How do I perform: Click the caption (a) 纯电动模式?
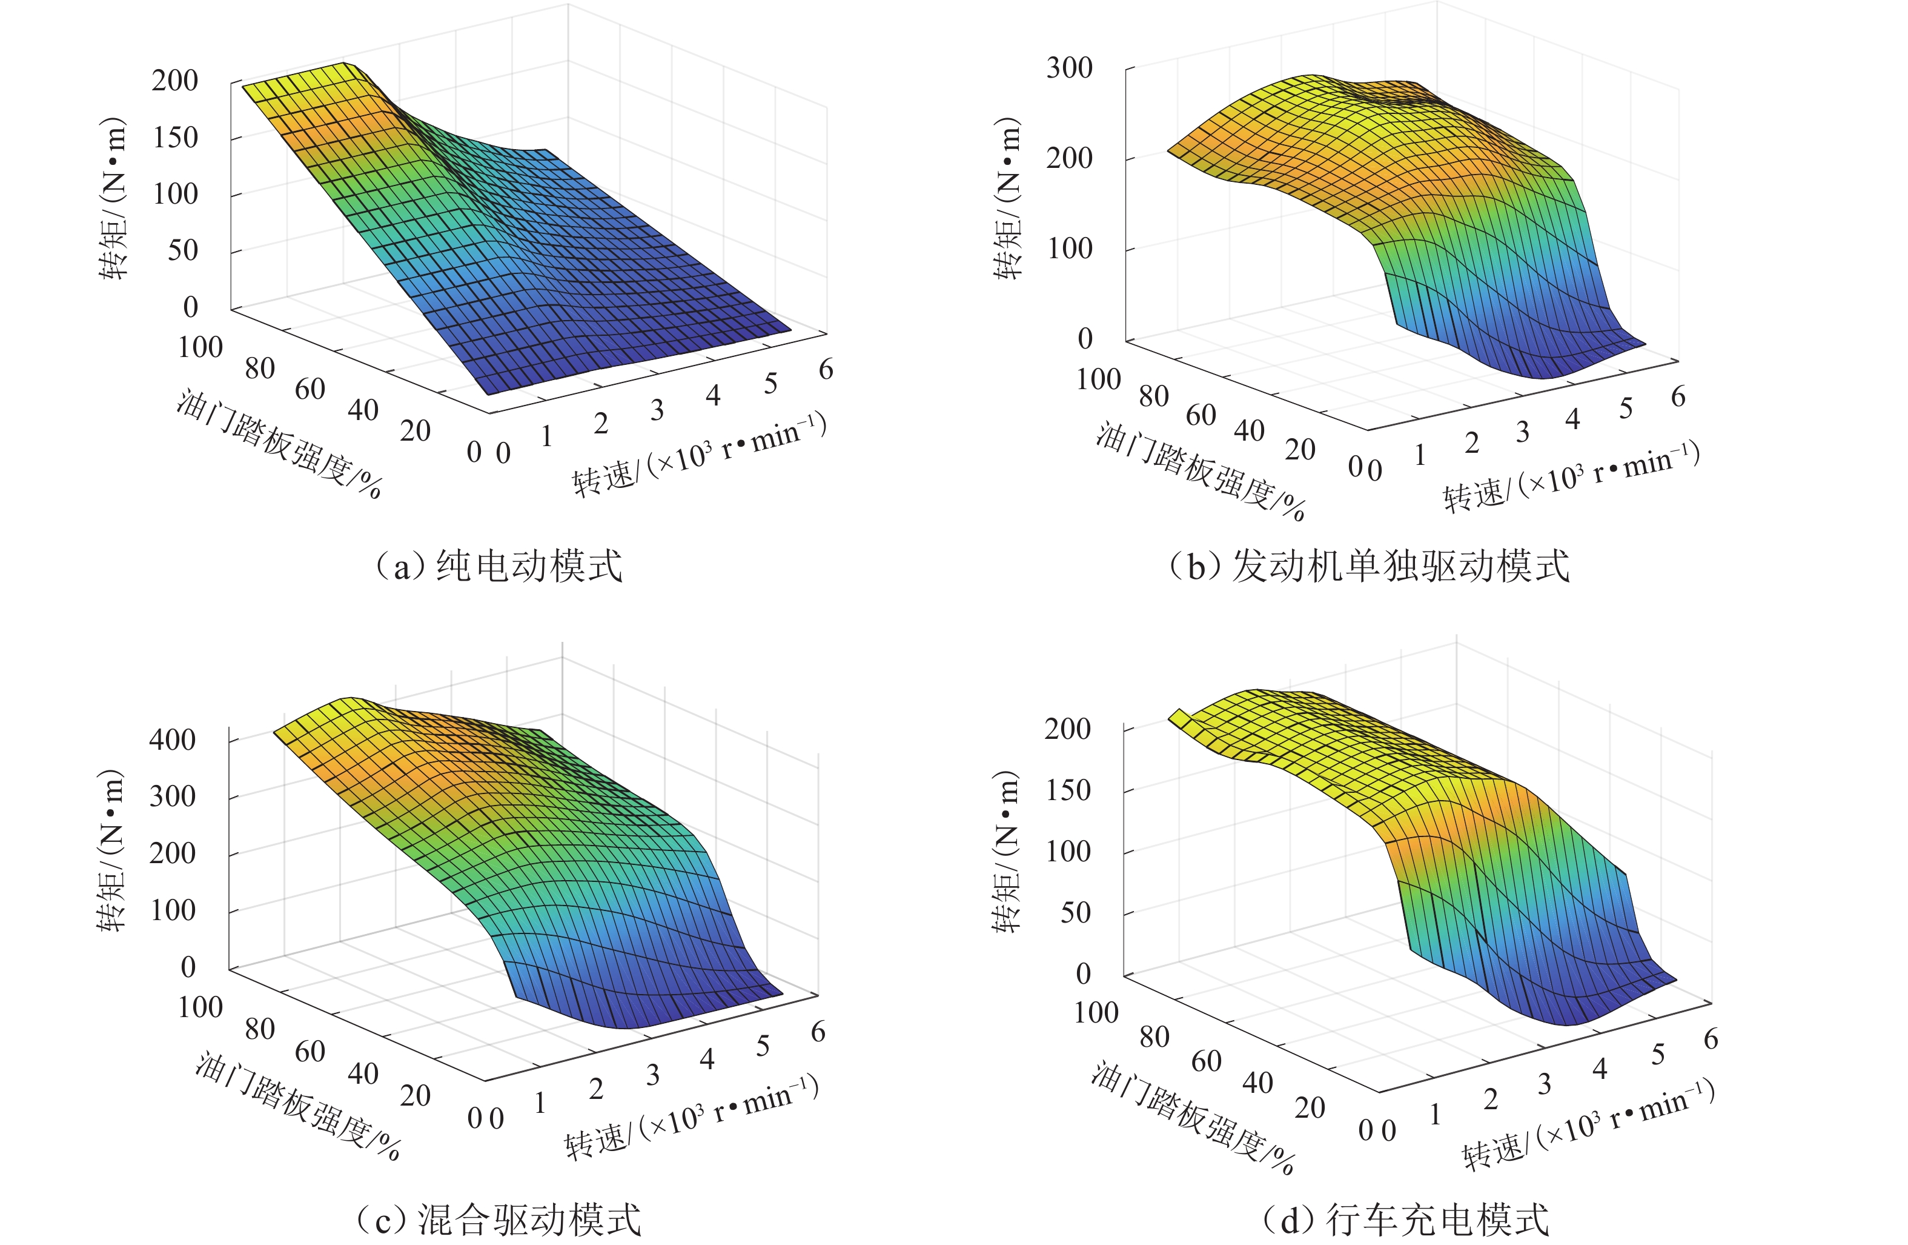(499, 566)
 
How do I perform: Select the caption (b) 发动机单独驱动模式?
(1368, 566)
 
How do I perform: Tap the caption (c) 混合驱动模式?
(499, 1220)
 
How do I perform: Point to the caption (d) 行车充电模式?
(1405, 1220)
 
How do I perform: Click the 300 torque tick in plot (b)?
(1068, 68)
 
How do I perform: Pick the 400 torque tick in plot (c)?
(173, 739)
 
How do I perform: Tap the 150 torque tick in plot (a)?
(175, 137)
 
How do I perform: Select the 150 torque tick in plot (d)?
(1067, 790)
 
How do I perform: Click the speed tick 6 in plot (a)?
(826, 369)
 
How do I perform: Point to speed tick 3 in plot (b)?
(1522, 432)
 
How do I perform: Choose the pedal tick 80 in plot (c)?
(260, 1029)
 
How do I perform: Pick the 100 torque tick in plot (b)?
(1068, 249)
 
